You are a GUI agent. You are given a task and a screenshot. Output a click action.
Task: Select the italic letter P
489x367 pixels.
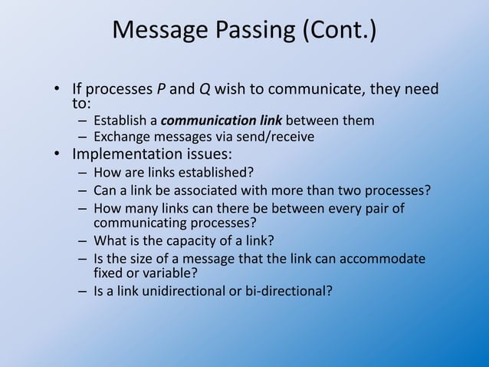point(161,89)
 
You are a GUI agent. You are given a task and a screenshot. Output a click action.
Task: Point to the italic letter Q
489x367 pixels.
point(205,89)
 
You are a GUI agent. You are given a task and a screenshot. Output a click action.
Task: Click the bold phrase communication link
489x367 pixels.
point(222,121)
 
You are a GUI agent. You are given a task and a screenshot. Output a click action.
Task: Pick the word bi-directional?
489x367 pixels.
point(287,292)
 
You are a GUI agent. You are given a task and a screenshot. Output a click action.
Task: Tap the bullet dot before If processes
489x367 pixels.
point(57,91)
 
